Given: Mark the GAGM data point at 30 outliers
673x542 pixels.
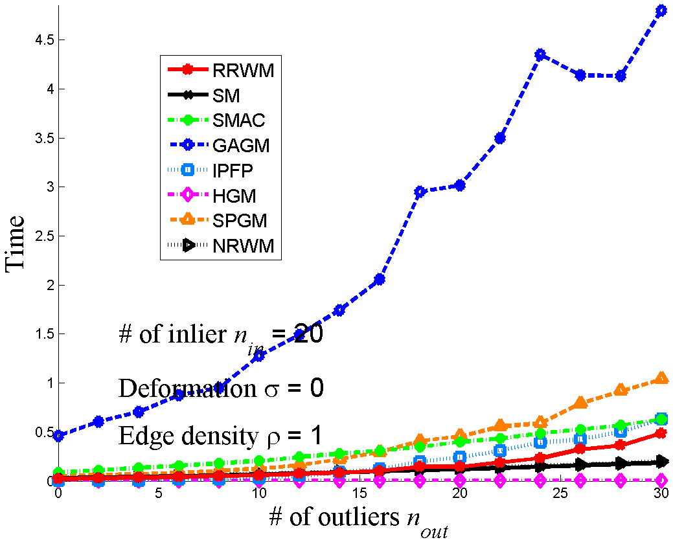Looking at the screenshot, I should point(661,10).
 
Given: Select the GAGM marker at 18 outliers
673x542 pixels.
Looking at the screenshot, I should point(420,192).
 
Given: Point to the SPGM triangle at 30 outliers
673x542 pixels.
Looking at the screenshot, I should point(661,378).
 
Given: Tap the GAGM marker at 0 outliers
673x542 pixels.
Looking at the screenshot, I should point(58,436).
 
